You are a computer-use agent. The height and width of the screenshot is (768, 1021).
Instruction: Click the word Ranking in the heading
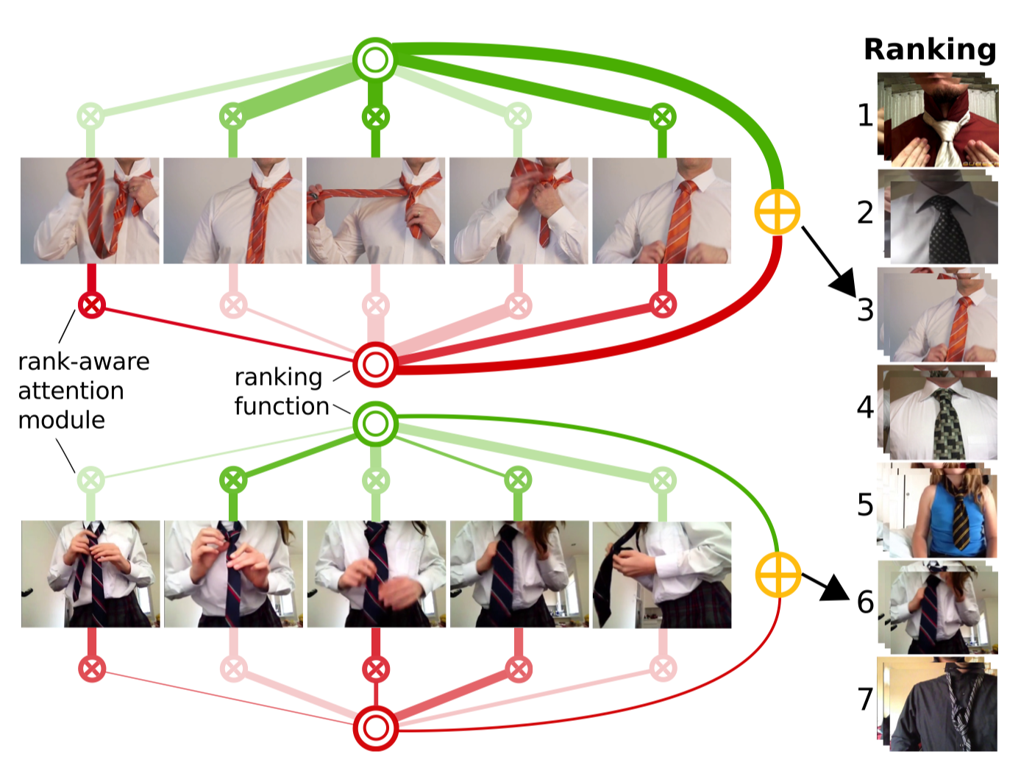click(930, 49)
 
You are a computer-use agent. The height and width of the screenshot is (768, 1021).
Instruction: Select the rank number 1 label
click(865, 115)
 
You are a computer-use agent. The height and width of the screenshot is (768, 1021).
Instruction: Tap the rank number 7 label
click(865, 699)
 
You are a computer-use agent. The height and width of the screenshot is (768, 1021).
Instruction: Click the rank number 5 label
click(865, 505)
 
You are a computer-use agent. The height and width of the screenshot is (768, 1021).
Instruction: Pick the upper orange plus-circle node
click(778, 212)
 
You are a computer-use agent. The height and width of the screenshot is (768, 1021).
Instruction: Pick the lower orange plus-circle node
click(778, 574)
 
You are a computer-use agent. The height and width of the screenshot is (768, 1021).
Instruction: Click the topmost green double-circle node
click(375, 60)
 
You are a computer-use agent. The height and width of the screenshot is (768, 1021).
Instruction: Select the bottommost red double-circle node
click(375, 728)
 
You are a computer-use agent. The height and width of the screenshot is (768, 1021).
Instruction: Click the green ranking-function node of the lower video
click(375, 424)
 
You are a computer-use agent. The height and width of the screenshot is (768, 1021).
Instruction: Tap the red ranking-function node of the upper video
click(375, 364)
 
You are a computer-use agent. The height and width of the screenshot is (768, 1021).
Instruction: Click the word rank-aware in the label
click(84, 362)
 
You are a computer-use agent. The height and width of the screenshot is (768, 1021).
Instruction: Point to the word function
click(282, 406)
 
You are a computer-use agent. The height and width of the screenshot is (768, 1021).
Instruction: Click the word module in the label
click(62, 420)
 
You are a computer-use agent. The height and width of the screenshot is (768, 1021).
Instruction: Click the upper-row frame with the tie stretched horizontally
click(375, 210)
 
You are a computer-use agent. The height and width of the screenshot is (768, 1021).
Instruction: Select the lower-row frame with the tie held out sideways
click(661, 574)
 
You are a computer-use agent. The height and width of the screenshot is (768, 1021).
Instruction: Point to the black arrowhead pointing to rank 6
click(836, 587)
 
